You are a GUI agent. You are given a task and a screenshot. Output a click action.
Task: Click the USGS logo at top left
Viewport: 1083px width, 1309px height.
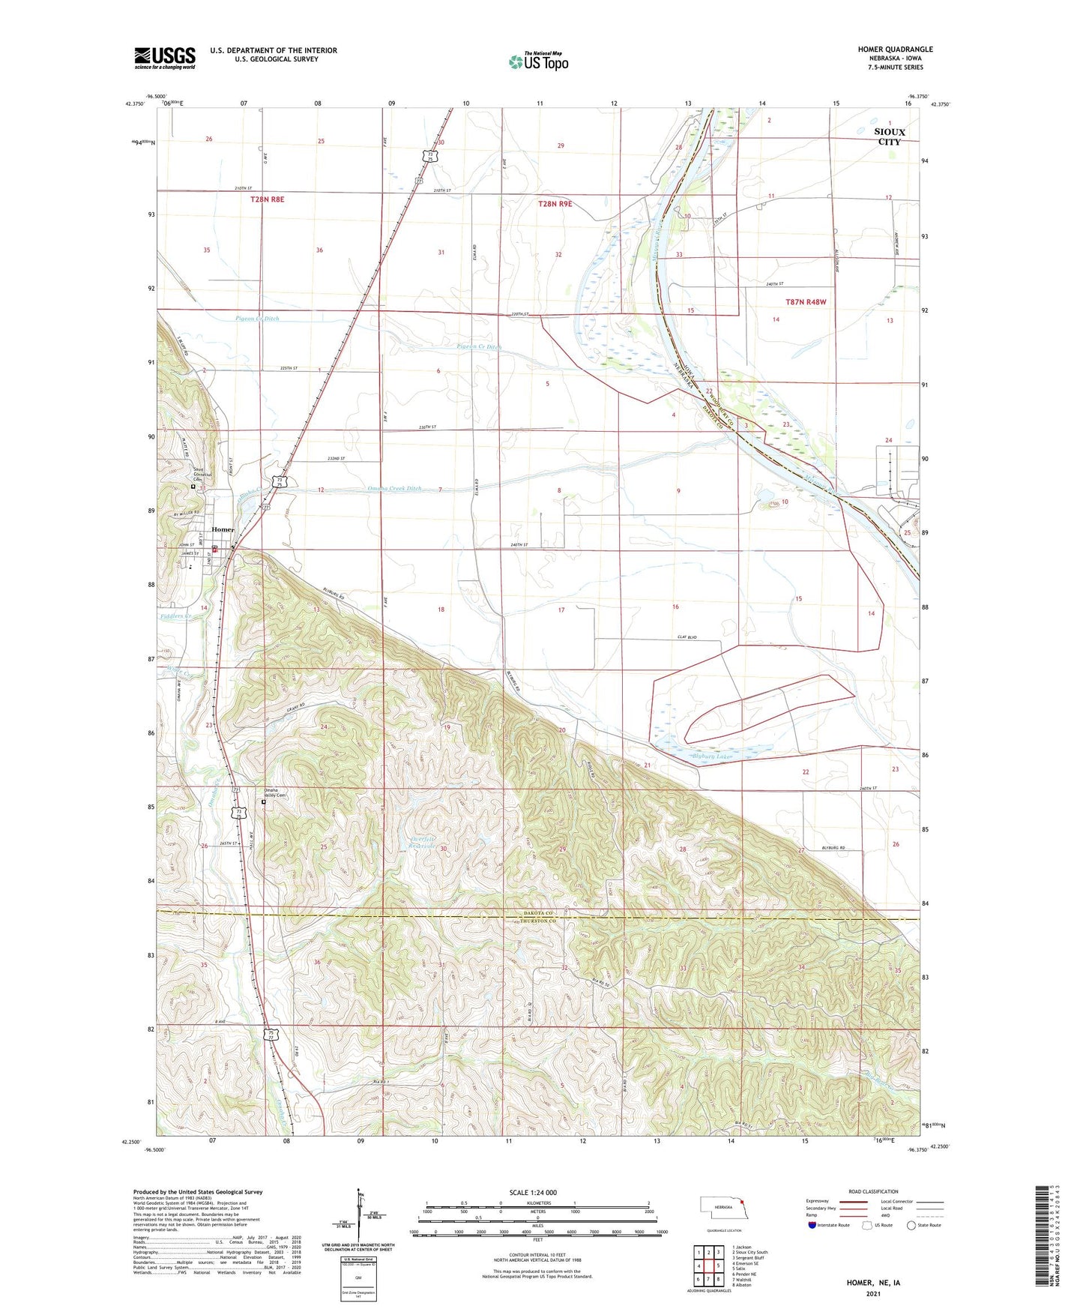(x=165, y=57)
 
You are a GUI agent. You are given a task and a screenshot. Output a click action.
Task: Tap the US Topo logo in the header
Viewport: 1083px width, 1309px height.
(x=538, y=61)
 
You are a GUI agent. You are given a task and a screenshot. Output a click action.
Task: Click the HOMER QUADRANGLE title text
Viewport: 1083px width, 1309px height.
(x=895, y=49)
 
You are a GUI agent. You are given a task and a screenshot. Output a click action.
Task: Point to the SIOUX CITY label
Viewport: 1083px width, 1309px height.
(x=890, y=136)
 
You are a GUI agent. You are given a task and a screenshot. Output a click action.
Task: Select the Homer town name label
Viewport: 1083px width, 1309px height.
(x=223, y=529)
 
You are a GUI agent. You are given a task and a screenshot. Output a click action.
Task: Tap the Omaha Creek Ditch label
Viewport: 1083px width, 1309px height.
(x=395, y=488)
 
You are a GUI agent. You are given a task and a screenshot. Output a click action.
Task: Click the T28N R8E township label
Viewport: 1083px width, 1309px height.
(x=268, y=199)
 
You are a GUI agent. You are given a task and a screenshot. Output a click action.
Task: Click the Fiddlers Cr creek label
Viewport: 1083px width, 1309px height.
(x=175, y=616)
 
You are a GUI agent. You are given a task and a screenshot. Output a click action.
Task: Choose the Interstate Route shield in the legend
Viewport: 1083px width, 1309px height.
(x=813, y=1225)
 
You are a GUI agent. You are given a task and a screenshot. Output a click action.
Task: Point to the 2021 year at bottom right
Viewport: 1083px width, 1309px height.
(x=872, y=1293)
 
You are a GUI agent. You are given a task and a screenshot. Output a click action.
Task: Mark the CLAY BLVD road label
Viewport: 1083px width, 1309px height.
(x=687, y=637)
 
